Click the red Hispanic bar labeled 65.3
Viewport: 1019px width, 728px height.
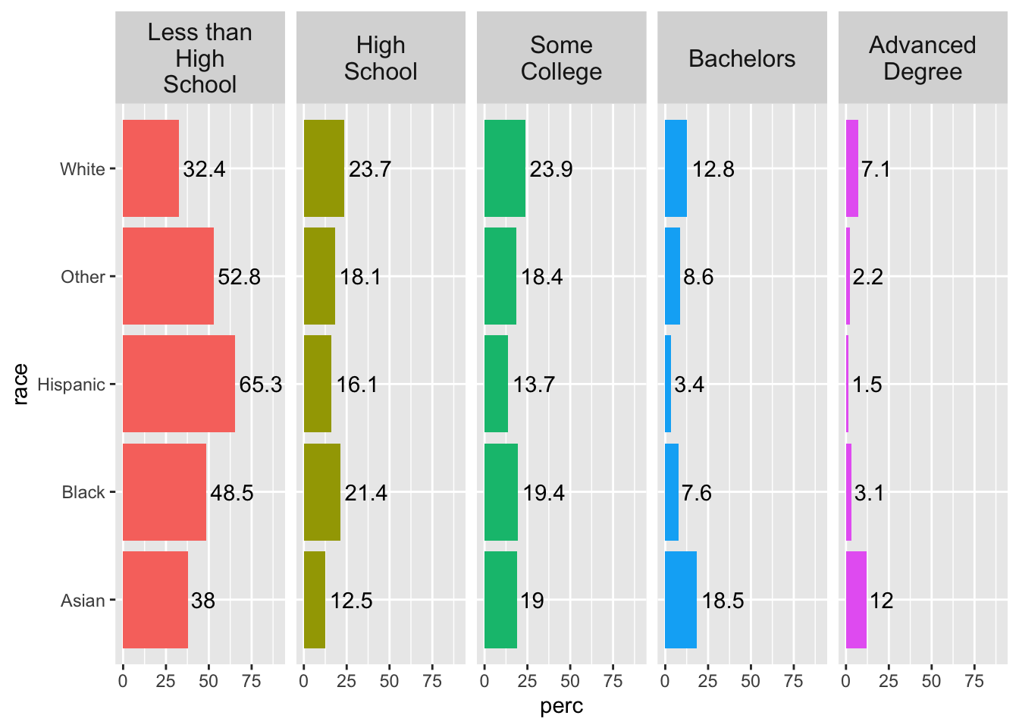click(x=179, y=384)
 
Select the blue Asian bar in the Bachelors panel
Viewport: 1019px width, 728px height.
click(x=681, y=600)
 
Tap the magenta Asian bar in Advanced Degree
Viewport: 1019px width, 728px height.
click(x=856, y=600)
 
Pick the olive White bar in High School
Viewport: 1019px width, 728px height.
click(x=324, y=168)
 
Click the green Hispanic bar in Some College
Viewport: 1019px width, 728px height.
click(x=496, y=384)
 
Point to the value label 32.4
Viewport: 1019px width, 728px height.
click(x=204, y=169)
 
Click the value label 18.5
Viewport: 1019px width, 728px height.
click(x=723, y=601)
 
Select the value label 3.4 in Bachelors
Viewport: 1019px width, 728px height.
click(x=689, y=385)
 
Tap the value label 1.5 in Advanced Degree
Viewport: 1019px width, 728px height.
click(x=867, y=385)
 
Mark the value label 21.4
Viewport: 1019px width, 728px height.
click(x=365, y=494)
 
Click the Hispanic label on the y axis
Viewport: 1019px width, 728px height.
click(x=71, y=385)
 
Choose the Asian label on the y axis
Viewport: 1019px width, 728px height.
click(x=83, y=601)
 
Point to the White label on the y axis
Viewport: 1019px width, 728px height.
click(x=83, y=169)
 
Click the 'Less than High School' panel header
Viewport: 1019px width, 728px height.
click(x=200, y=58)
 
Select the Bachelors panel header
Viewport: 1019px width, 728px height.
click(x=742, y=59)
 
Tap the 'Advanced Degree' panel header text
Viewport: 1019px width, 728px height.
click(x=922, y=58)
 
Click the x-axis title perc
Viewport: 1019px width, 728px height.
click(x=562, y=707)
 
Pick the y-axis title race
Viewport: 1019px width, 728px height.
click(x=20, y=384)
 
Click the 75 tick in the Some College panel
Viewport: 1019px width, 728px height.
click(x=613, y=681)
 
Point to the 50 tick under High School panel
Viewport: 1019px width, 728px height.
click(x=389, y=681)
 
